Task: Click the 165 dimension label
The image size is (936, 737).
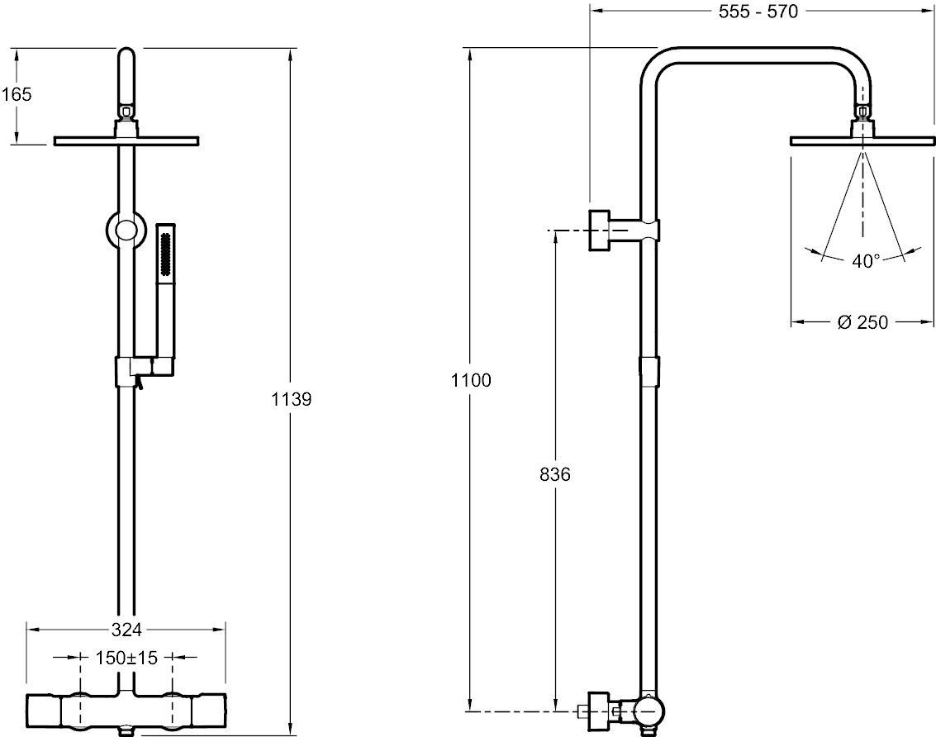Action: tap(17, 94)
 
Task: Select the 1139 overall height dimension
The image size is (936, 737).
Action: tap(291, 400)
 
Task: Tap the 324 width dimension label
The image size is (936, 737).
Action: tap(127, 630)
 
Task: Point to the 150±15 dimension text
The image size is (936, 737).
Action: tap(127, 659)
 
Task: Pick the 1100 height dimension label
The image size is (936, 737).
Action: tap(471, 381)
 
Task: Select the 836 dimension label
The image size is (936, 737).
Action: tap(554, 474)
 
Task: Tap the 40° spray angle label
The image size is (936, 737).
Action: tap(865, 261)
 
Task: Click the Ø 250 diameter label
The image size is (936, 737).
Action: tap(862, 322)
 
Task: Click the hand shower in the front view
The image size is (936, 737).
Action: tap(165, 289)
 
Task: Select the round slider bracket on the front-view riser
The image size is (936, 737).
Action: tap(126, 230)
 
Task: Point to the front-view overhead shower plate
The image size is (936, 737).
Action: tap(126, 140)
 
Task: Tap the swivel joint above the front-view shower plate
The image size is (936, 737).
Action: tap(126, 112)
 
